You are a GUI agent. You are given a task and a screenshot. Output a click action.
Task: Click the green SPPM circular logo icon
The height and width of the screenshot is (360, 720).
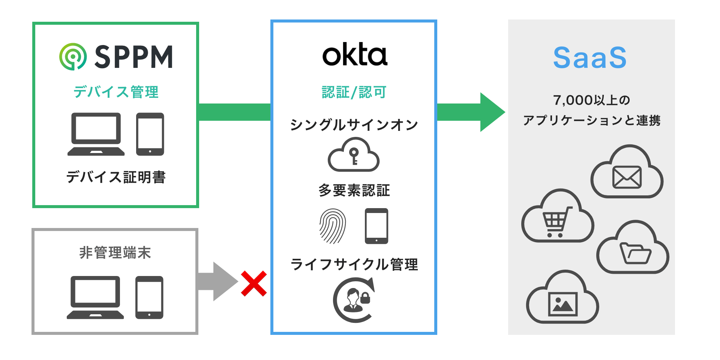(73, 57)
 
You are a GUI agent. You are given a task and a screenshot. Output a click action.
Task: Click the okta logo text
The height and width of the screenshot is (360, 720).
(354, 55)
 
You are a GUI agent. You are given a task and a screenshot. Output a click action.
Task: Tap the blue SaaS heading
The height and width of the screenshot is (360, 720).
(590, 58)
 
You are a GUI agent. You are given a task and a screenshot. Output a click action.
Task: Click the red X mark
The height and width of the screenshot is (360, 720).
(254, 284)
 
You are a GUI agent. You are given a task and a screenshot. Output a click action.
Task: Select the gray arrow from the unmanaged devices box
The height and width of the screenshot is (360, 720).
(217, 282)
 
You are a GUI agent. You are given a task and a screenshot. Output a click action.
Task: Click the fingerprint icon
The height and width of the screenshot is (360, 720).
(333, 226)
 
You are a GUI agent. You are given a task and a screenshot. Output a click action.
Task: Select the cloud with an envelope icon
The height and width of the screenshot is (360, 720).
(627, 173)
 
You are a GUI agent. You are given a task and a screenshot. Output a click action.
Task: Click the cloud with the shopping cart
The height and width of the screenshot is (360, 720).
(557, 217)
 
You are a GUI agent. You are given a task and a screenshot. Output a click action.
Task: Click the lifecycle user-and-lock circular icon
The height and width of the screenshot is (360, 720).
(354, 300)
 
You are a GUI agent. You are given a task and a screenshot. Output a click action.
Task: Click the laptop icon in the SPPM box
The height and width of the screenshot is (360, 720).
(96, 134)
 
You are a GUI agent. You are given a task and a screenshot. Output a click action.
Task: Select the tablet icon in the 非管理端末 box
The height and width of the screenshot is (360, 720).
(149, 297)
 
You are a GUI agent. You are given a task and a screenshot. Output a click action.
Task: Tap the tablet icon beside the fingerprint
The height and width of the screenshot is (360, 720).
(376, 226)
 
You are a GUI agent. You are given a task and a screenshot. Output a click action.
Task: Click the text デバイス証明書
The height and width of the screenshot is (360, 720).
(116, 177)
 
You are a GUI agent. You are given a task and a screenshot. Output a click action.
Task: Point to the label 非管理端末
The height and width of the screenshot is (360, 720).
(115, 253)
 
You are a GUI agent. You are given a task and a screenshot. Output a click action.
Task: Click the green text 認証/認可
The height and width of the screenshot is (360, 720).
(354, 92)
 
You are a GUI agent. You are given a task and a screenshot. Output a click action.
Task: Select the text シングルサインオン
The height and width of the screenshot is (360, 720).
(354, 124)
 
